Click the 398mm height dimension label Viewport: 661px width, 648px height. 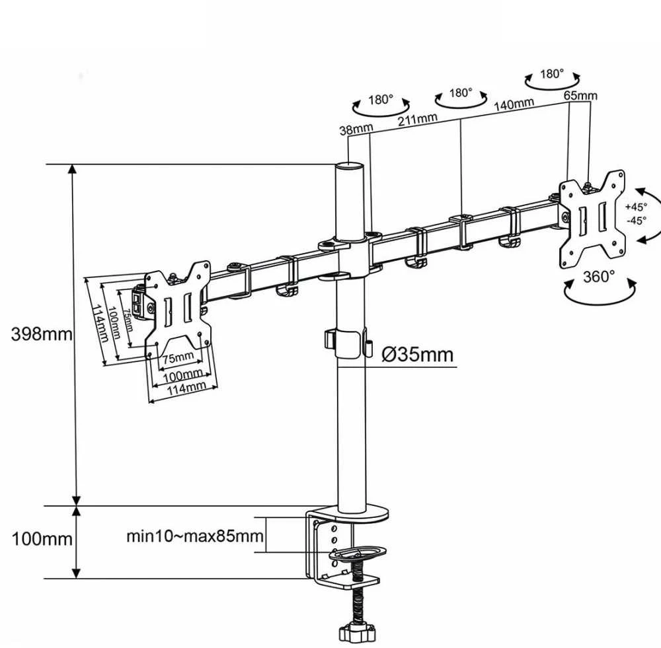(41, 334)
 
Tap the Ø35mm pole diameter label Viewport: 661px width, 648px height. (417, 354)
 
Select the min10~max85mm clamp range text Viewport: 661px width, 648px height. (195, 536)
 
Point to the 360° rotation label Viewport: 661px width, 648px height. (599, 277)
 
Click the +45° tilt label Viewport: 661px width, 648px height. (636, 207)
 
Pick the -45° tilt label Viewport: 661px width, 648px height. (636, 221)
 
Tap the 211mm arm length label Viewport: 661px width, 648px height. (418, 120)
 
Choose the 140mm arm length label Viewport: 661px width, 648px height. (514, 104)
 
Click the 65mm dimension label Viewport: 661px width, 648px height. (580, 96)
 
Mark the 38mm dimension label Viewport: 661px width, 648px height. (356, 129)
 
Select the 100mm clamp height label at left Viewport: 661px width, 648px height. (42, 539)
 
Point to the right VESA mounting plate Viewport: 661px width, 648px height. (592, 219)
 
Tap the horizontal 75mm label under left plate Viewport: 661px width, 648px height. (178, 358)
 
